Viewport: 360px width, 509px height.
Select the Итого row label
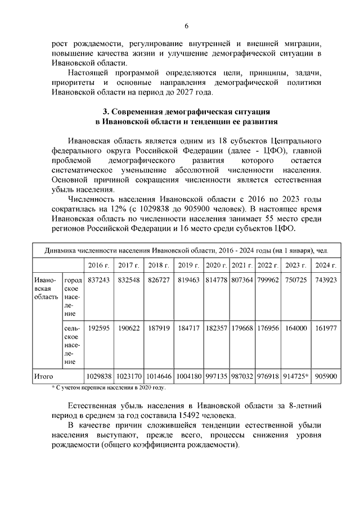[43, 375]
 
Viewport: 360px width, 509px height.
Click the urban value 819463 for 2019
[188, 281]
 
